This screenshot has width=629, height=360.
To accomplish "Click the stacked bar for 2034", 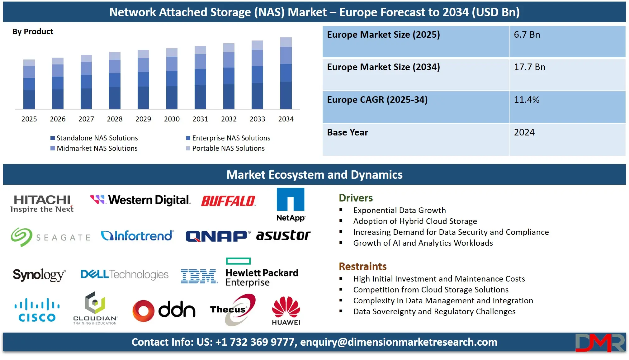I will [x=286, y=73].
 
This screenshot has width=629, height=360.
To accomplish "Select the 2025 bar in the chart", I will [x=29, y=84].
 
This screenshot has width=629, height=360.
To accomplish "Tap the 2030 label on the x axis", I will [x=172, y=119].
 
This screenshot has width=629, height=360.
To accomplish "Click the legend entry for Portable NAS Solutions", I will [x=228, y=148].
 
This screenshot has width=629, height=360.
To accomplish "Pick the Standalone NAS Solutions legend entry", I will [x=97, y=138].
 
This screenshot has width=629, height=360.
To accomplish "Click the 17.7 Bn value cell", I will [x=529, y=67].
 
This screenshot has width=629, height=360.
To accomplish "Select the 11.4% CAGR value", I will [x=527, y=100].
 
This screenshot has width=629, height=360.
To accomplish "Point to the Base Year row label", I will [x=348, y=133].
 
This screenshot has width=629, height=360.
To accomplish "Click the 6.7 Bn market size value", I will [x=527, y=35].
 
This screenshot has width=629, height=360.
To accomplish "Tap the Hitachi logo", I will [x=42, y=203].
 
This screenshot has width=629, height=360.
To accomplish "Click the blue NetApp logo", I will [x=291, y=204].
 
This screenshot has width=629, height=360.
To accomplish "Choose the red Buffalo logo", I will [x=228, y=201].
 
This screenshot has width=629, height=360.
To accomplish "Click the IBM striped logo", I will [x=199, y=276].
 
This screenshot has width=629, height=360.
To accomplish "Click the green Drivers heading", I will [x=356, y=198].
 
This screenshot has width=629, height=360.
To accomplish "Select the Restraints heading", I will [x=362, y=267].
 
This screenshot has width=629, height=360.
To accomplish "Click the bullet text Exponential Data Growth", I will [x=399, y=211].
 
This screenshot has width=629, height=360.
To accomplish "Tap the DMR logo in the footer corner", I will [x=600, y=343].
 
